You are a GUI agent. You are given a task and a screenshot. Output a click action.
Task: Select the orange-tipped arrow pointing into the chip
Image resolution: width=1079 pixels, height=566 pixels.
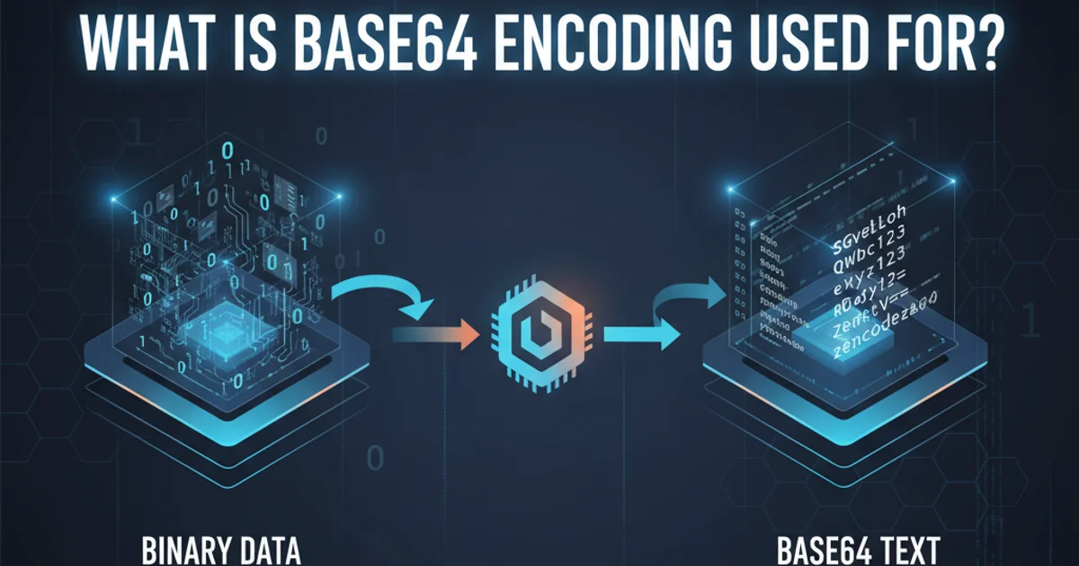coord(436,335)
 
